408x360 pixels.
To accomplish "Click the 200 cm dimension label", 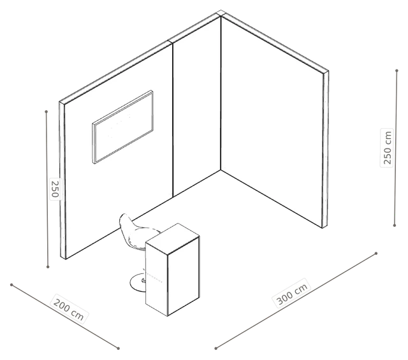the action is [69, 309].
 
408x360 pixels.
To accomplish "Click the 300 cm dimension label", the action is [292, 293].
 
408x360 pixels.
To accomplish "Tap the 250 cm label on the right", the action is [387, 147].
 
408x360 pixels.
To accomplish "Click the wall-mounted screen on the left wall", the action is [122, 127].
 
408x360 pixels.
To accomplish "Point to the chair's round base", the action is [138, 283].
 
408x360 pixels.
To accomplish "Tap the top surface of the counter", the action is [173, 239].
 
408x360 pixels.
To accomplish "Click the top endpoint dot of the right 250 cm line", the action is [397, 71].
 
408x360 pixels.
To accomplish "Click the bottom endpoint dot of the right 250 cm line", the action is [395, 226].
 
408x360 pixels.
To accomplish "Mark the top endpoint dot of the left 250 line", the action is [47, 112].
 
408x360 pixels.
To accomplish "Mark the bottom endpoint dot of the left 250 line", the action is [48, 267].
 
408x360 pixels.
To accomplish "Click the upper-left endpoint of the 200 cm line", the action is [11, 285].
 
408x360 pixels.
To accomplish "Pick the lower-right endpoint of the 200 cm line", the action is [119, 349].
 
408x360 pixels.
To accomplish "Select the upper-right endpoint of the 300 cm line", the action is [376, 254].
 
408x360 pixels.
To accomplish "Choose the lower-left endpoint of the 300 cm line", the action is [215, 349].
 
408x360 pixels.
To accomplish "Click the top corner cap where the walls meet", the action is [221, 13].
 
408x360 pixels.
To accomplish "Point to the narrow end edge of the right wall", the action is [326, 150].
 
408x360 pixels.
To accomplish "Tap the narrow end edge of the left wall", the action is [62, 180].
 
